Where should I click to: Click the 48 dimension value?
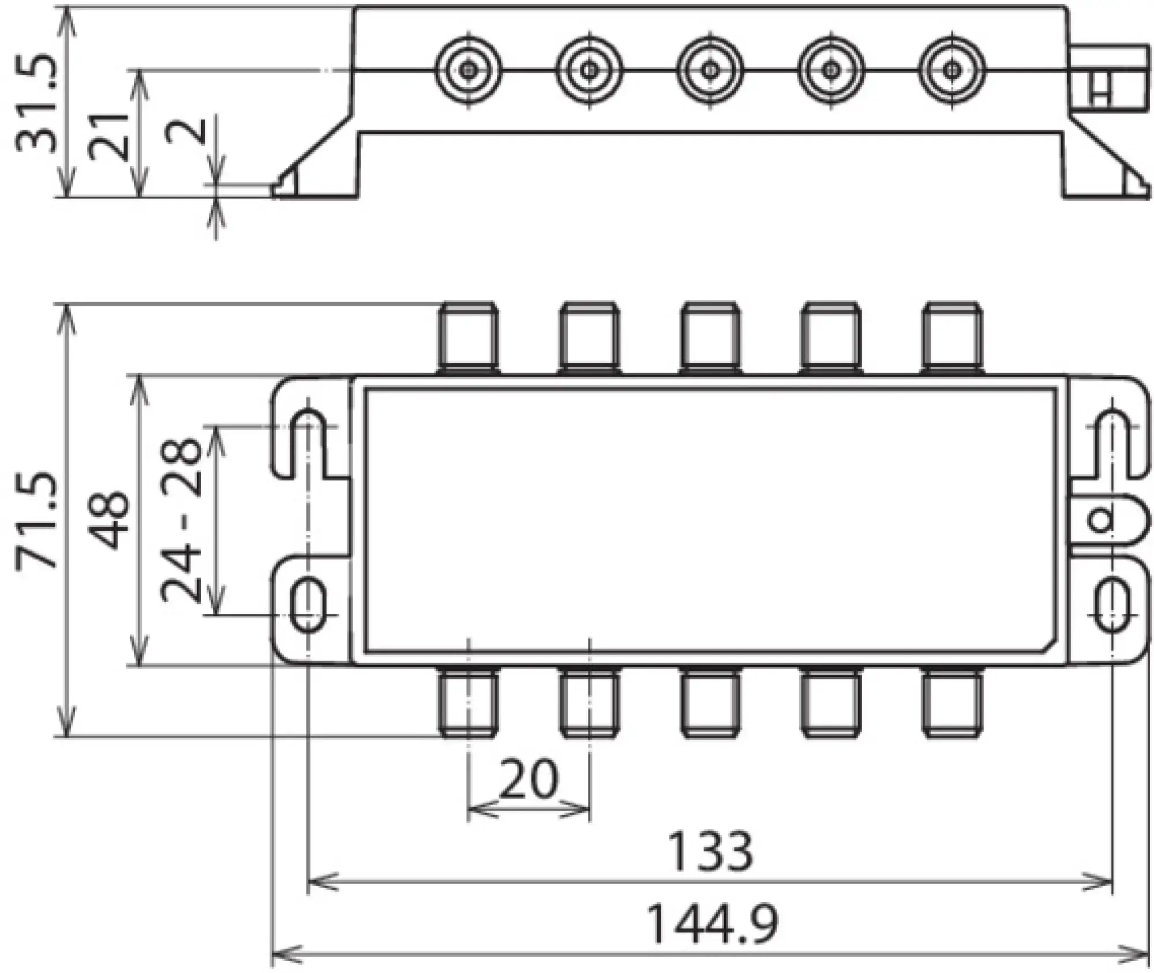point(110,521)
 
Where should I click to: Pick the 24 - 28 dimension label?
point(182,521)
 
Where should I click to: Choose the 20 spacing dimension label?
point(529,779)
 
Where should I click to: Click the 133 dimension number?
point(710,851)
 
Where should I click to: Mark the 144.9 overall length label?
point(713,924)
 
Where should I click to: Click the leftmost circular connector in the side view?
point(468,71)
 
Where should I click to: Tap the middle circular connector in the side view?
point(710,71)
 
